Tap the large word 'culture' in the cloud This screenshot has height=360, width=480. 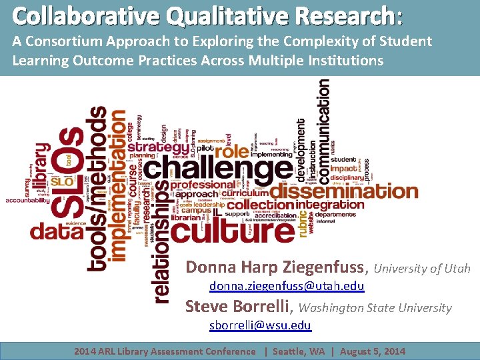(x=232, y=231)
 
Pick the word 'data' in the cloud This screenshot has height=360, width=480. (x=57, y=231)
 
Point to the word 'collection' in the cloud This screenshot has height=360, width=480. (x=261, y=205)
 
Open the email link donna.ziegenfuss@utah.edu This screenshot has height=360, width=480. (x=287, y=286)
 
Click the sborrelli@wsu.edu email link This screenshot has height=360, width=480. (x=260, y=325)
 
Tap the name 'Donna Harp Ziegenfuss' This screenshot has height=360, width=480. (x=277, y=268)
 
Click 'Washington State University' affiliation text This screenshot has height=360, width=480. (x=375, y=308)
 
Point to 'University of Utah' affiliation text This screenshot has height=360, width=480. (x=422, y=269)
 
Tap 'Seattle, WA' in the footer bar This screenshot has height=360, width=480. (x=300, y=351)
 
